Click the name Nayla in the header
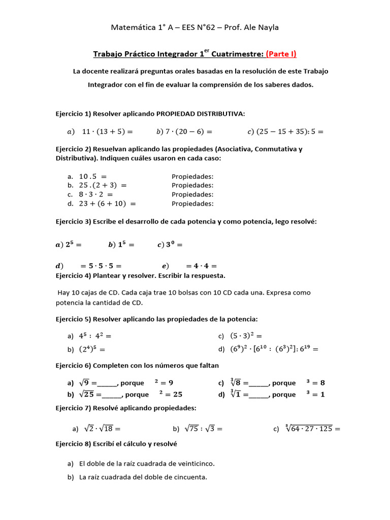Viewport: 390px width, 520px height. tap(268, 27)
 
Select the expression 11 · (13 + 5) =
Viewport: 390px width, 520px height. tap(107, 132)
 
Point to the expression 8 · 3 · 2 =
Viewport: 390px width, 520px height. tap(96, 194)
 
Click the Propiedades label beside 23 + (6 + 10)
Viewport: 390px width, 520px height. tap(192, 204)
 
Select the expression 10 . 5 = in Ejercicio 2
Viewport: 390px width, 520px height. tap(93, 176)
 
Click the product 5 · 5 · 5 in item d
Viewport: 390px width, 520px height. tap(101, 266)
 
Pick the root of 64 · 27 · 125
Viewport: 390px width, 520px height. tap(309, 428)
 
